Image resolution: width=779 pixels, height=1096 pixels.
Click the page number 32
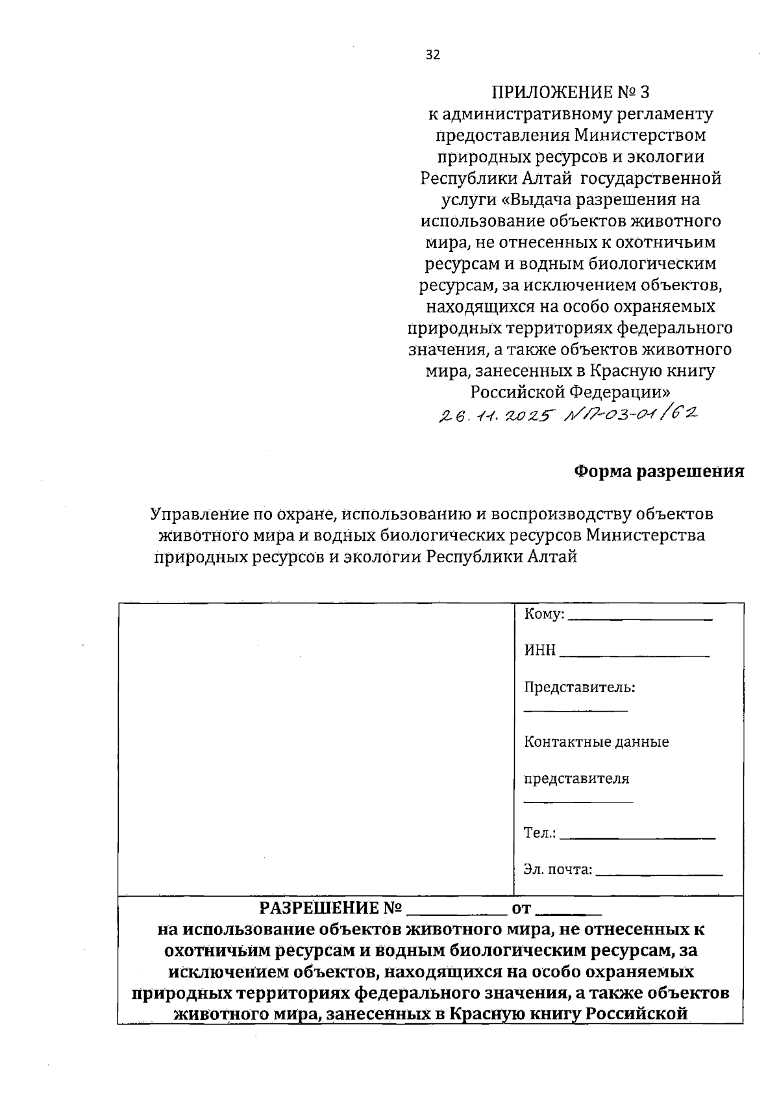[x=432, y=55]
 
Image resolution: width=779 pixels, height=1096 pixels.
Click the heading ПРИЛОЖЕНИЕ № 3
[x=570, y=92]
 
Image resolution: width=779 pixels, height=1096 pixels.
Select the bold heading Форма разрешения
[x=660, y=471]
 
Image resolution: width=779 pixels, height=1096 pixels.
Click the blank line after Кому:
[x=640, y=619]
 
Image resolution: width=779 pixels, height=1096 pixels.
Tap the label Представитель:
[x=579, y=687]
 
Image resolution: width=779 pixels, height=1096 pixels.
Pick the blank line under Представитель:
[x=575, y=712]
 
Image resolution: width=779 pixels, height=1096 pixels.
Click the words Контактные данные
[x=596, y=741]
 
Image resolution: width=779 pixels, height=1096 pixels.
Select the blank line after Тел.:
[x=637, y=839]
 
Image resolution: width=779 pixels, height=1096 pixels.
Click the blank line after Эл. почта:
[x=658, y=875]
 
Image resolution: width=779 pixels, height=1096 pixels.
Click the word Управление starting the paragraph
[x=192, y=514]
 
